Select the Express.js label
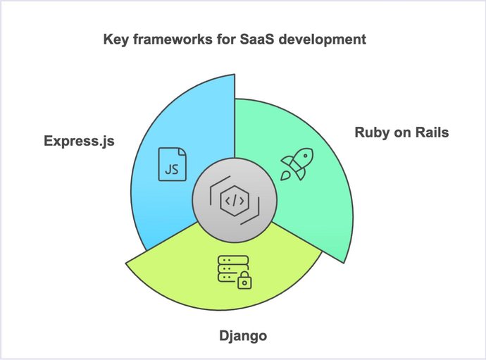[78, 142]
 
